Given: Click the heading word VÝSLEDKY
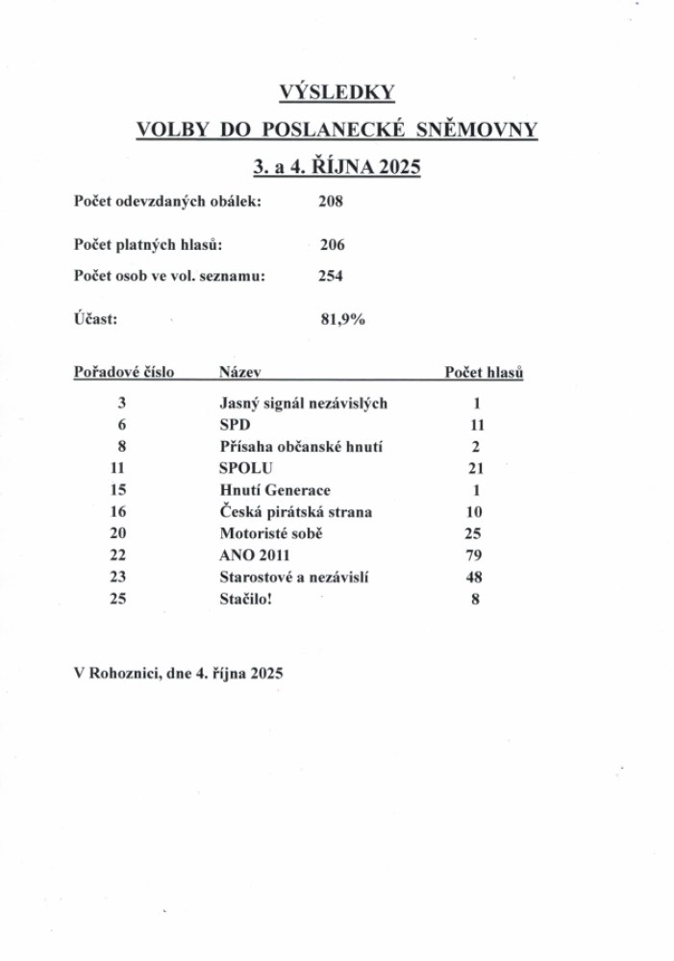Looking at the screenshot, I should coord(337,92).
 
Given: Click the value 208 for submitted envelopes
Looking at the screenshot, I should coord(331,202).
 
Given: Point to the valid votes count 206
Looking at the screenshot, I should coord(332,245).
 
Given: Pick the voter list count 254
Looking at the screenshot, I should coord(331,276).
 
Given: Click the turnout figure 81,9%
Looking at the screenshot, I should coord(342,320).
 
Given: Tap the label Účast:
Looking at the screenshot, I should coord(96,320).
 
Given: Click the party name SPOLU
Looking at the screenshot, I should coord(247,468).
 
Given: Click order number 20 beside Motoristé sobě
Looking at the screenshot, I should coord(122,533).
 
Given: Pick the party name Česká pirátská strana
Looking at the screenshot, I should coord(295,512).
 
